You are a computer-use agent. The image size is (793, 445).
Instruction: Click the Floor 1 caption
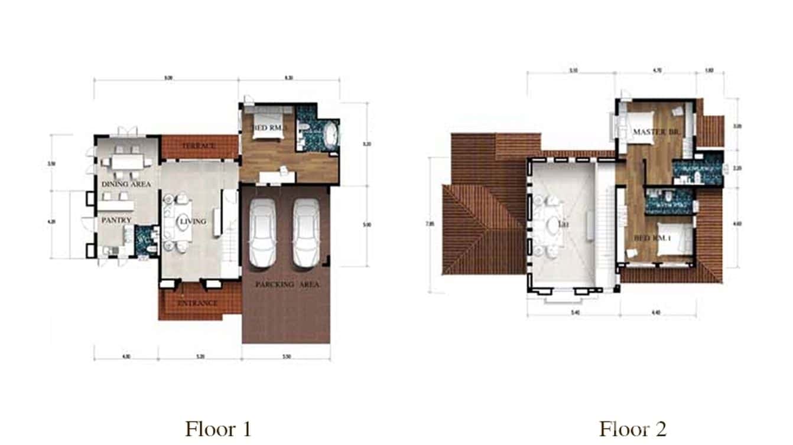[218, 428]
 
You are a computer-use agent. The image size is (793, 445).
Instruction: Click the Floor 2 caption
[633, 428]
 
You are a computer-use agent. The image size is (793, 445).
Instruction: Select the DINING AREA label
[126, 184]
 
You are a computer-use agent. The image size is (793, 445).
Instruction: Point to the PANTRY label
[115, 220]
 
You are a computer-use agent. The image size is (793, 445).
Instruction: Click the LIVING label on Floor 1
[193, 221]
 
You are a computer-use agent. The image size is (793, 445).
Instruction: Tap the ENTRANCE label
[198, 303]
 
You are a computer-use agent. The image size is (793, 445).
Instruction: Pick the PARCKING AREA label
[287, 284]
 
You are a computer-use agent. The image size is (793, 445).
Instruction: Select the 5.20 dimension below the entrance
[200, 357]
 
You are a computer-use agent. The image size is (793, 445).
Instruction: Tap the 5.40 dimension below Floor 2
[574, 313]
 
